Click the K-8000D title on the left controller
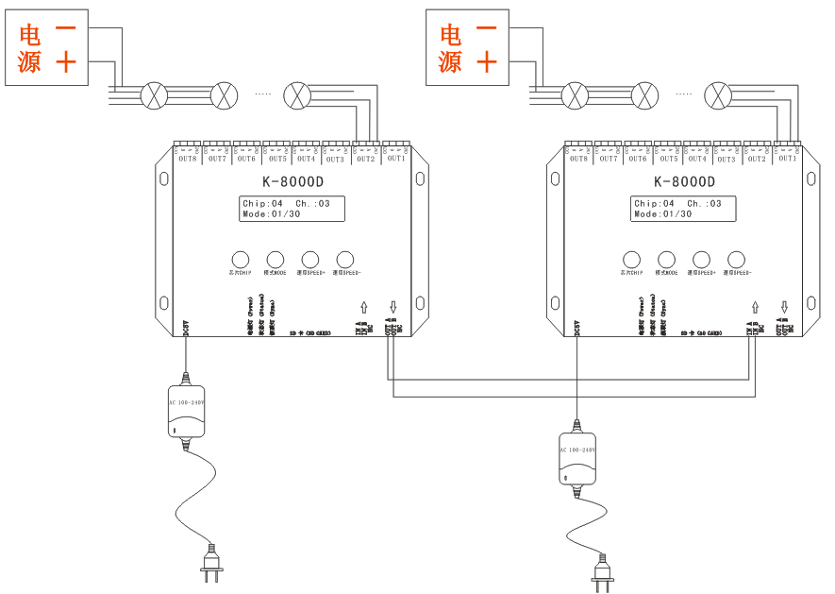pos(292,182)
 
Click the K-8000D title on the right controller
pos(683,182)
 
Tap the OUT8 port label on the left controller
pos(188,159)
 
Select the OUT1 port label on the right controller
pos(787,159)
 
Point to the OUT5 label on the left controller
pos(276,159)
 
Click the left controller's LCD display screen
pos(292,209)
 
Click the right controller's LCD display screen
pos(683,209)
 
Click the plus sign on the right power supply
pos(486,63)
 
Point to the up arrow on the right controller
pos(755,307)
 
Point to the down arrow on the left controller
pos(393,306)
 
